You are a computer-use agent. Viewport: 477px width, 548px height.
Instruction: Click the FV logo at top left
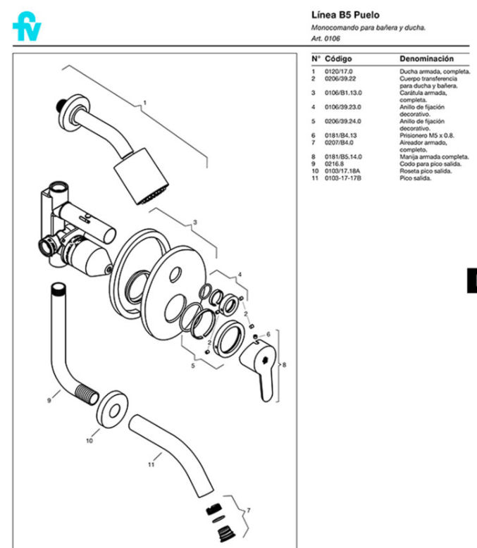coord(27,26)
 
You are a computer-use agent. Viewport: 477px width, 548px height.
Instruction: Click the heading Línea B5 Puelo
coord(345,15)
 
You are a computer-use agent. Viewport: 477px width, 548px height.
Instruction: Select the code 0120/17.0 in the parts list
coord(338,72)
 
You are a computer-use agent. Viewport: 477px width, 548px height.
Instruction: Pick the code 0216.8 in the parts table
coord(334,164)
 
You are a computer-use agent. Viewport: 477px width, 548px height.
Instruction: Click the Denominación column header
coord(426,58)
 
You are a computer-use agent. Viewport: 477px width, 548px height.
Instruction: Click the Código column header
coord(338,58)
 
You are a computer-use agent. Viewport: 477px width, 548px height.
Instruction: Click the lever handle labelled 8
coord(259,368)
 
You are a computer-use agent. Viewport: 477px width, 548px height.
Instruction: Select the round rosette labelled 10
coord(112,409)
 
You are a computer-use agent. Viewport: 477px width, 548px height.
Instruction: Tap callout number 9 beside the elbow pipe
coord(49,401)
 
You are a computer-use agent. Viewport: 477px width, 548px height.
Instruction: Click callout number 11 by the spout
coord(151,464)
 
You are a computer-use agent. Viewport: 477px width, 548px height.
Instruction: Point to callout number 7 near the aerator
coord(249,511)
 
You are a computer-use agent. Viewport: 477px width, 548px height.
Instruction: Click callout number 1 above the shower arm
coord(144,103)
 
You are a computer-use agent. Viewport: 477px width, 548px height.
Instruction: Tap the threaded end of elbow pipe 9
coord(87,394)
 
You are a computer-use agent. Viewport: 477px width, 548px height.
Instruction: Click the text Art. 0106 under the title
coord(326,39)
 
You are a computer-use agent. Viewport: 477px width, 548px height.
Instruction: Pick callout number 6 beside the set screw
coord(268,335)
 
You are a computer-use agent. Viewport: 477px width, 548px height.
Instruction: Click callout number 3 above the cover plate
coord(195,223)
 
